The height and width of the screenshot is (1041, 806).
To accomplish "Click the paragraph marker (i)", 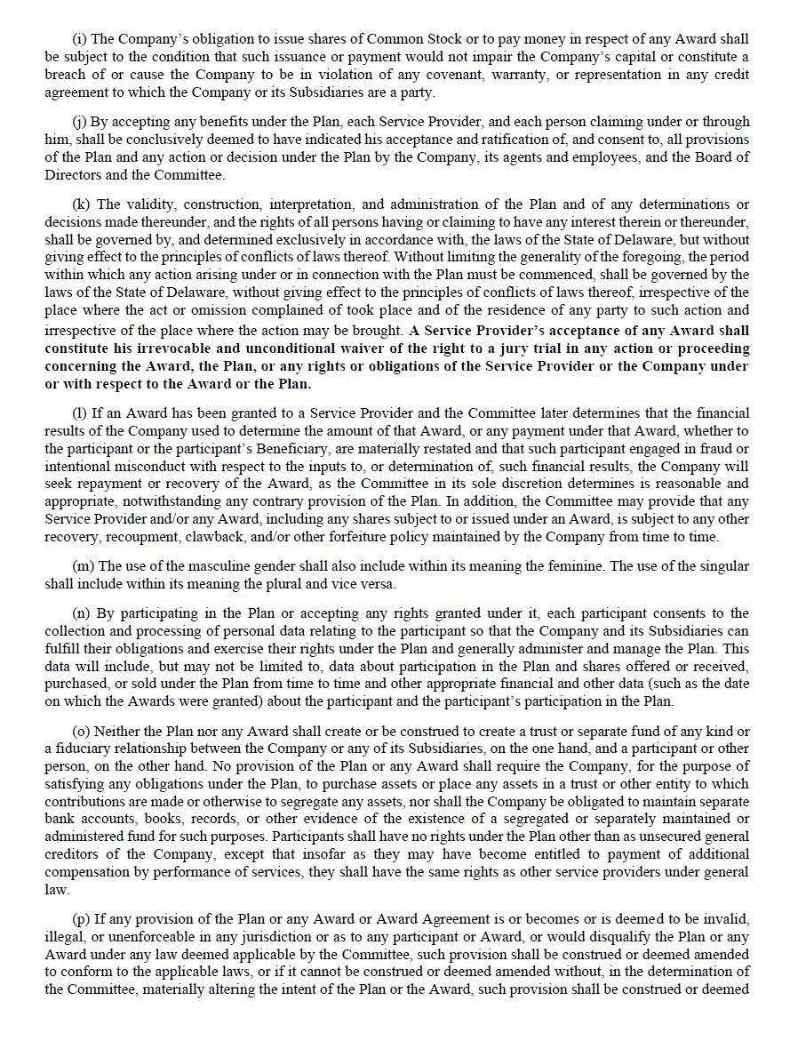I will click(78, 39).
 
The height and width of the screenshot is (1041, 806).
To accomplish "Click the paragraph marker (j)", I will click(78, 122).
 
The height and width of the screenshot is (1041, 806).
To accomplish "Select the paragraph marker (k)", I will click(80, 204).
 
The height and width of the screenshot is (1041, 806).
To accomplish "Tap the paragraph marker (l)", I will click(78, 413).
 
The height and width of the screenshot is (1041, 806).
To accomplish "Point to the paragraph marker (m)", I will click(82, 566).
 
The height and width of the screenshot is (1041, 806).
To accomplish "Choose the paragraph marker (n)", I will click(80, 613).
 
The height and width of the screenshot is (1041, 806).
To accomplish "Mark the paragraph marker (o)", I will click(80, 731).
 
